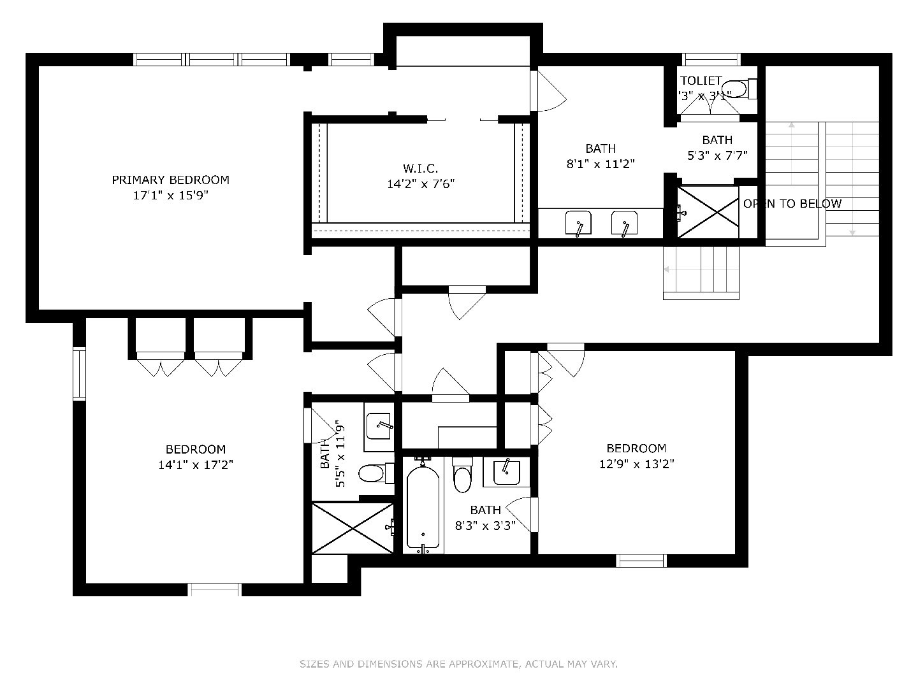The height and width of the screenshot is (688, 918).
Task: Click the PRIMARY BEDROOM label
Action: point(170,180)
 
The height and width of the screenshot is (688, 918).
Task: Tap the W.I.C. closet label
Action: point(420,168)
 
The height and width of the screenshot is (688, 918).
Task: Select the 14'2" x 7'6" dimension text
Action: point(420,184)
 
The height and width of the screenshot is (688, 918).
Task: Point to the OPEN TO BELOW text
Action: point(792,204)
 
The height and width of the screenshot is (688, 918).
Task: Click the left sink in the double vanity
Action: point(578,224)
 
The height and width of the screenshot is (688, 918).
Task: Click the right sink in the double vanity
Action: point(624,224)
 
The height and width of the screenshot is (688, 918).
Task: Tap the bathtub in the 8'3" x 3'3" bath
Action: point(423,506)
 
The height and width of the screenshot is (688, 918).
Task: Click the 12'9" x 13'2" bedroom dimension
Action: point(636,464)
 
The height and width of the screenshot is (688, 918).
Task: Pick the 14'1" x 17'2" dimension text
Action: point(196,465)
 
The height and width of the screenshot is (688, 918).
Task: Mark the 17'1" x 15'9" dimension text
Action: point(170,196)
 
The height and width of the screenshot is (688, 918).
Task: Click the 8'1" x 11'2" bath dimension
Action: point(601,164)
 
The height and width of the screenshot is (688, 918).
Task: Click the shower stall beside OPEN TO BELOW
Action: point(708,212)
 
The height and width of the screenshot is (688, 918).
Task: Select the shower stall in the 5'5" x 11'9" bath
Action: point(352,527)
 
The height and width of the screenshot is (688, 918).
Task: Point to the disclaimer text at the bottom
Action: point(458,664)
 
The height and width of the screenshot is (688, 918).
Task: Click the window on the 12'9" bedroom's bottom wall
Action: point(641,561)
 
